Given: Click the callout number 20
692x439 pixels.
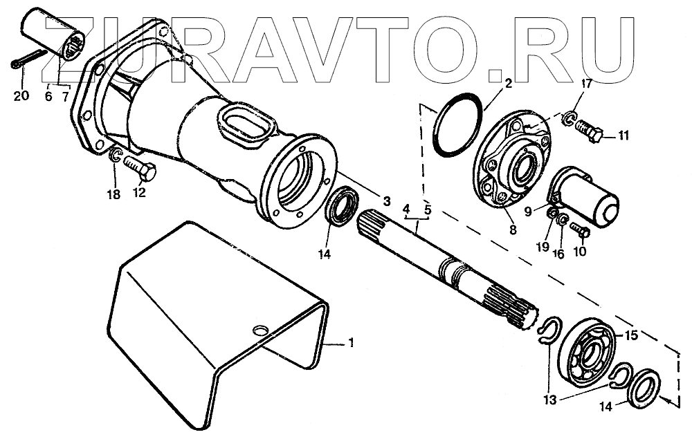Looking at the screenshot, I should (x=21, y=95).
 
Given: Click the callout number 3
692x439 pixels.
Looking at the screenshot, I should (x=385, y=201).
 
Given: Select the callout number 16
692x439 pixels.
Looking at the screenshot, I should (x=558, y=254).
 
